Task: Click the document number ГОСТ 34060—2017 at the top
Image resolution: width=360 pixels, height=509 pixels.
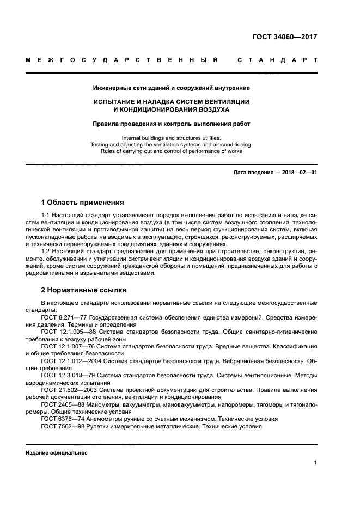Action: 284,38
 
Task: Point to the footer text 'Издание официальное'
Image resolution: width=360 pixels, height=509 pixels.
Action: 56,453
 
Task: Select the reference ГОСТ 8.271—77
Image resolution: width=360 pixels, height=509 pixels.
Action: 66,316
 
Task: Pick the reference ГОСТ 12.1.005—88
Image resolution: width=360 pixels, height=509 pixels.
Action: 69,330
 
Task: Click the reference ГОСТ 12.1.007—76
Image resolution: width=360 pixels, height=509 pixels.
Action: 69,345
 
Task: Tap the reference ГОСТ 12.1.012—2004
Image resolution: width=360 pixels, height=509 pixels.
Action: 72,360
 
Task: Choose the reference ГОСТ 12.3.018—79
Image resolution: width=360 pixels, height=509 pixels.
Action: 69,375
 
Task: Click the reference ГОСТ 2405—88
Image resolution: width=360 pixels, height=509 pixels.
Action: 63,404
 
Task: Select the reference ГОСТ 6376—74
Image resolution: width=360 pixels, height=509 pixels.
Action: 63,419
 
